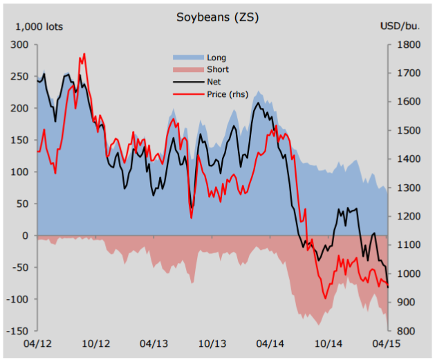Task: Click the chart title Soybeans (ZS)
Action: coord(217,17)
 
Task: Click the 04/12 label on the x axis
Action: coord(37,344)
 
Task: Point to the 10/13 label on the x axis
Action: coord(212,344)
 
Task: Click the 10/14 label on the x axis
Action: coord(329,344)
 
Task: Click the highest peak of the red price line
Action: coord(84,54)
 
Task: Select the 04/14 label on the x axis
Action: coord(270,344)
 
